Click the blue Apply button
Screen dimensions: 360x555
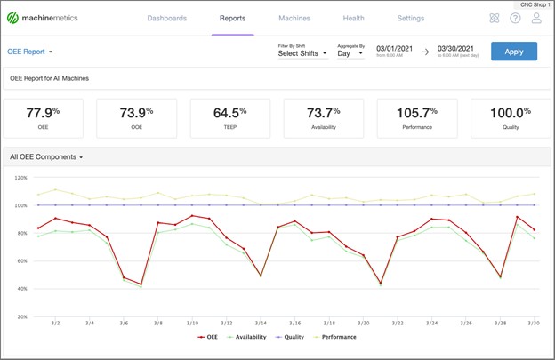tap(513, 51)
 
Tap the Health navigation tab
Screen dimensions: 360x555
tap(353, 18)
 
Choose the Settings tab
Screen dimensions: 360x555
tap(410, 18)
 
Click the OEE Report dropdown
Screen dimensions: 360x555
tap(31, 52)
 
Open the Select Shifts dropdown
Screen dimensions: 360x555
tap(302, 53)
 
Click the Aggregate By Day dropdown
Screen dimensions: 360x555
tap(350, 53)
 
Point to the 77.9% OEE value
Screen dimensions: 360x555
tap(44, 113)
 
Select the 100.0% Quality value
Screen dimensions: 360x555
tap(510, 113)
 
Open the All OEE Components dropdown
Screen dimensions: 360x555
tap(46, 156)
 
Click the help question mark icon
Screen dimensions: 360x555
tap(515, 18)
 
